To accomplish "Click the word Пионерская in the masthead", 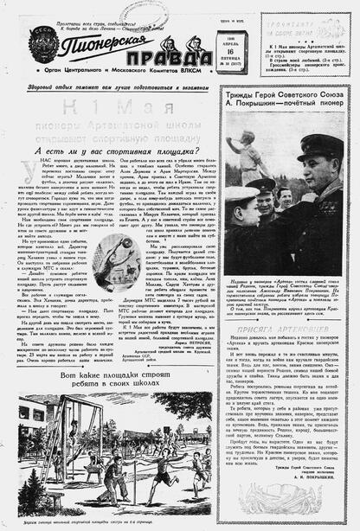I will click(x=93, y=42).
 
